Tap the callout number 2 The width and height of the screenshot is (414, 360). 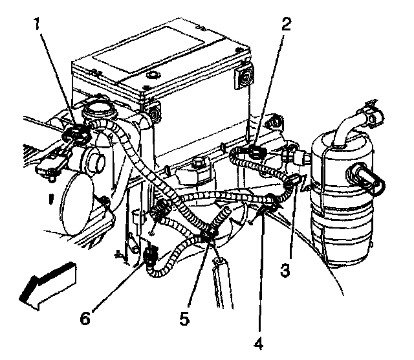tap(287, 25)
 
